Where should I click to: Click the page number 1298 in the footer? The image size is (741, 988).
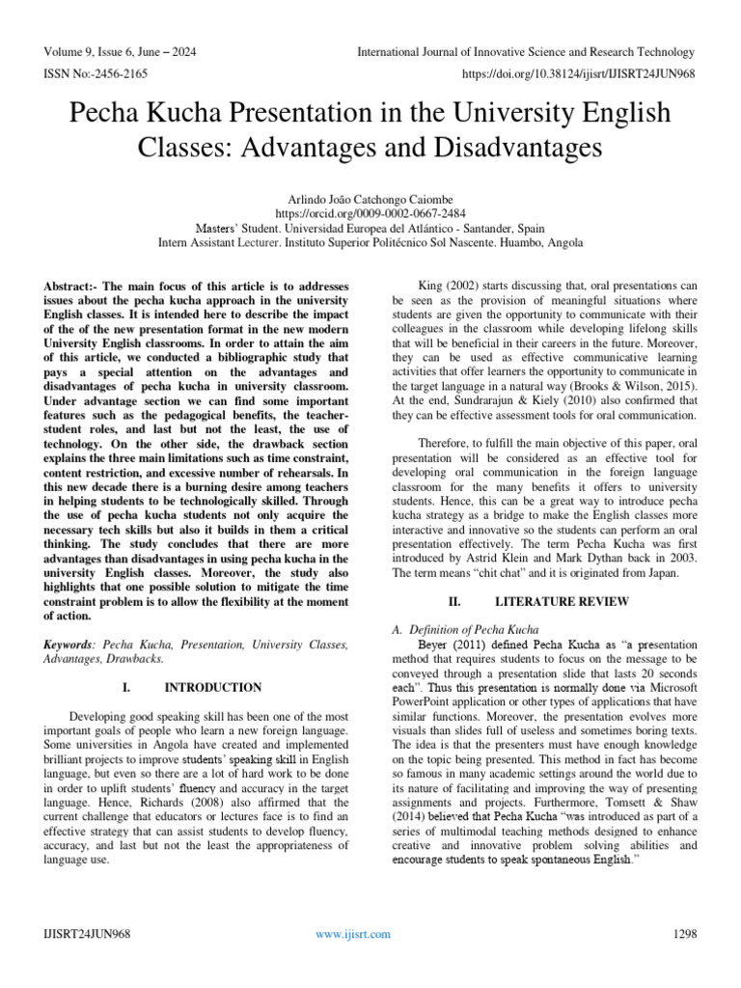click(x=682, y=934)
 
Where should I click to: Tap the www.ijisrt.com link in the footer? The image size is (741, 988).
click(x=355, y=934)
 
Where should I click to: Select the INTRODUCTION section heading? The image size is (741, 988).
click(x=212, y=687)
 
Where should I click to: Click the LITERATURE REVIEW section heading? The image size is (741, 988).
click(x=563, y=601)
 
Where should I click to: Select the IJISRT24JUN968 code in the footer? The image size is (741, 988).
click(x=87, y=934)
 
